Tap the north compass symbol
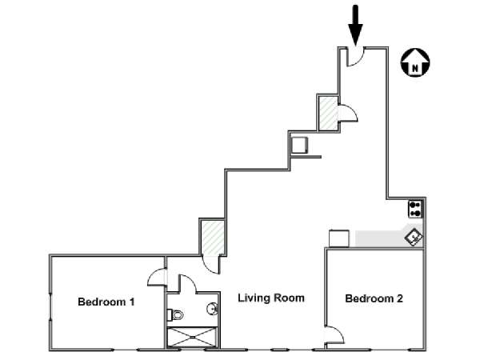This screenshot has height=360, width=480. coord(415,62)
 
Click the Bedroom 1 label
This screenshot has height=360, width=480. coord(106,302)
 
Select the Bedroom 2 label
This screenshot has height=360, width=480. coord(374,299)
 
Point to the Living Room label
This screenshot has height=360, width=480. coord(271,298)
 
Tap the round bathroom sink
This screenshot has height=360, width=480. coord(212,308)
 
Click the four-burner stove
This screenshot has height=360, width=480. coord(415,209)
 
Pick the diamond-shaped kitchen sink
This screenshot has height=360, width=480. coord(414,237)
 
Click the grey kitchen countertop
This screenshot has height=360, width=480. coord(379,238)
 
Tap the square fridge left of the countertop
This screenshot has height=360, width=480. coord(338,238)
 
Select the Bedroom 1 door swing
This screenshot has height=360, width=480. coord(157,277)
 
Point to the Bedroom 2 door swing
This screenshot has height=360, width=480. coord(334,337)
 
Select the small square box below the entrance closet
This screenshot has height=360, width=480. coord(298,145)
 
